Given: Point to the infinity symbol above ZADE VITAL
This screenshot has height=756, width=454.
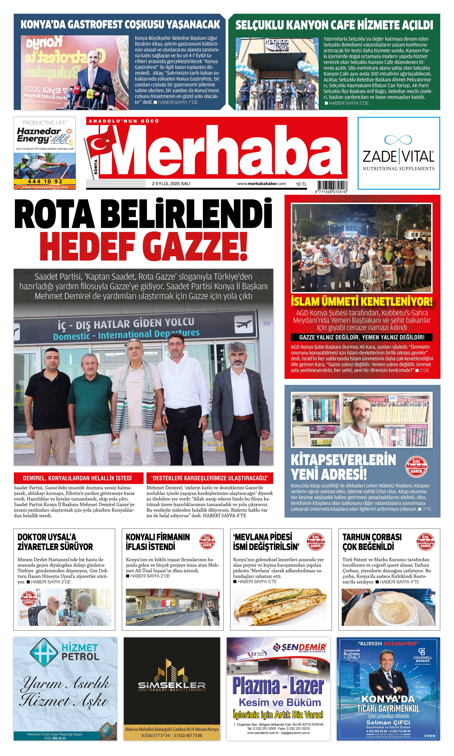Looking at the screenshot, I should [398, 140].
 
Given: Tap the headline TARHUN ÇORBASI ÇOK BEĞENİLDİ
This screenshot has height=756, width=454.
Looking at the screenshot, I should [372, 542].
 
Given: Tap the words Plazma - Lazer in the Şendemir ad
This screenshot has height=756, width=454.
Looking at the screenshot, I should [278, 686].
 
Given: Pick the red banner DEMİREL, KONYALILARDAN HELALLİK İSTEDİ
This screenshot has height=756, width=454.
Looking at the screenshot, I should [78, 478].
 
